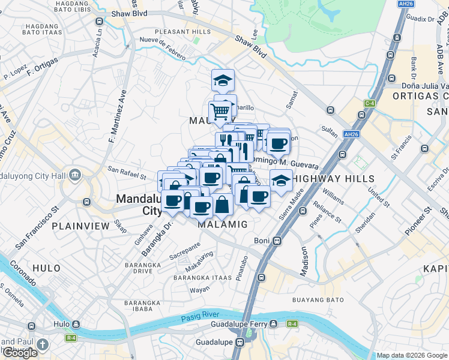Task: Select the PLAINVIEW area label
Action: point(80,226)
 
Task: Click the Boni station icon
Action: point(277,241)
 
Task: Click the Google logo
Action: point(20,353)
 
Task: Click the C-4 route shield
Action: point(370,103)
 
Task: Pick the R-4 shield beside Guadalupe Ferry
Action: point(292,324)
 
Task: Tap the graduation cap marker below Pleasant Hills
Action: point(223,80)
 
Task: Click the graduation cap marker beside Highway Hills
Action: point(280,179)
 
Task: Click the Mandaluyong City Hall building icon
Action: point(74,175)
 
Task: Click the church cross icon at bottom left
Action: point(41,344)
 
